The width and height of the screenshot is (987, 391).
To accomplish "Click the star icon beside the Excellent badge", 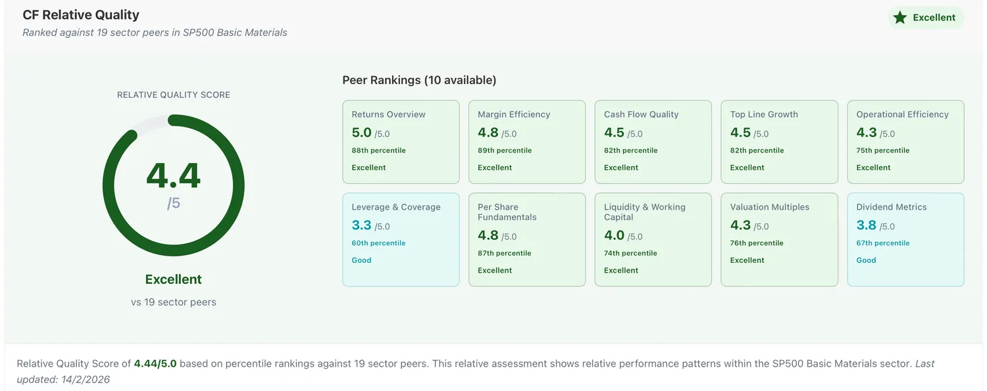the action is point(899,18).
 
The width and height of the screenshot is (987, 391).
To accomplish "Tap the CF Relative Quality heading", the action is point(81,15).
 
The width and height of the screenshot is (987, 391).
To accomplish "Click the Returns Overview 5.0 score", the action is point(361,132).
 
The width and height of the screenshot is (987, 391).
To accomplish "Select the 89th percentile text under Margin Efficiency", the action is point(505,150).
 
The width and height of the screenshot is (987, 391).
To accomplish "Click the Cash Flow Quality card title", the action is point(641,114).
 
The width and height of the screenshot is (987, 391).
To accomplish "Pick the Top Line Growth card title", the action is point(764,114).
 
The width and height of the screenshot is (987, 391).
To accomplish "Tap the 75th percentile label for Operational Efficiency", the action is point(882,150).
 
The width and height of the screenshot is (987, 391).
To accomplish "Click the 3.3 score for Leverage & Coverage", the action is point(361,225).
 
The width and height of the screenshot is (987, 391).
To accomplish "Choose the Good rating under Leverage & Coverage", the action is point(361,260).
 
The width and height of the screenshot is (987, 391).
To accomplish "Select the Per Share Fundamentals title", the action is point(507,212).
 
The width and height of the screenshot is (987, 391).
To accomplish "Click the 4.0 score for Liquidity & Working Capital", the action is point(614,235).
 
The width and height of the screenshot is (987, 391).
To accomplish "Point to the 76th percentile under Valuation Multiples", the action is point(757,243).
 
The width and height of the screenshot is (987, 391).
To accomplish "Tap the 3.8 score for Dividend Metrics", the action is point(867,225).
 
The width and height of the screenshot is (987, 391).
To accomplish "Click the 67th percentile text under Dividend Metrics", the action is point(882,243).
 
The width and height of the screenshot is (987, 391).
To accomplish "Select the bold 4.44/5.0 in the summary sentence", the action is point(155,364).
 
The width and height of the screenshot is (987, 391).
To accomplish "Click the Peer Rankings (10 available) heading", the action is point(419,80).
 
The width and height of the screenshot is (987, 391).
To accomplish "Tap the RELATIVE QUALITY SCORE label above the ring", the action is point(174,95).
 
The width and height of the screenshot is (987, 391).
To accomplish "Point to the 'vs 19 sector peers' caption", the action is point(174,302).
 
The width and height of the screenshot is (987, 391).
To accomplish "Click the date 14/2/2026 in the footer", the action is point(86,380).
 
